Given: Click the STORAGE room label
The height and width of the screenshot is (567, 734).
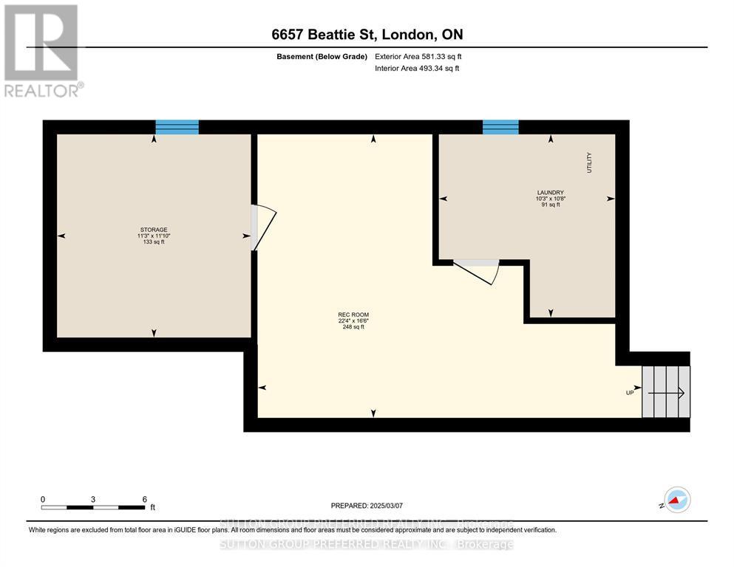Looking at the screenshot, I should (154, 230).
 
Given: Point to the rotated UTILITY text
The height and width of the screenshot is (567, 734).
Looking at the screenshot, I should (590, 162).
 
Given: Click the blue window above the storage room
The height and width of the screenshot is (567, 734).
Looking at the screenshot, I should (177, 128).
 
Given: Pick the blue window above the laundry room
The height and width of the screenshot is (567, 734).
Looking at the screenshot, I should (500, 128).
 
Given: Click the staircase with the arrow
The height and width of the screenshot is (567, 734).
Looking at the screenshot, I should (665, 392).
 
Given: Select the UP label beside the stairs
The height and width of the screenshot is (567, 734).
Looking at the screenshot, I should (630, 393).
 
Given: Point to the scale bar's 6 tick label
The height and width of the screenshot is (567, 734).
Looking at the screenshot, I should (143, 499).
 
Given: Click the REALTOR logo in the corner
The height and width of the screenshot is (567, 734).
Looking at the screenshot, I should (42, 50).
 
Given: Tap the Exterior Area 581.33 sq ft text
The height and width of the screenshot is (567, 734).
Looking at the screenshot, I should (419, 56).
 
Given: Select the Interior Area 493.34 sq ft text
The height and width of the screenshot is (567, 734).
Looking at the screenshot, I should (418, 69).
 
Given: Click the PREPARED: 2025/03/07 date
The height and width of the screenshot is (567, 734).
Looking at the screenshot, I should (367, 506).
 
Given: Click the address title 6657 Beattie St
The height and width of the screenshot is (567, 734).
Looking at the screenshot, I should (367, 35).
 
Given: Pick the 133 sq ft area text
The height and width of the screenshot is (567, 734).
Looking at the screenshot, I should (154, 242).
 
